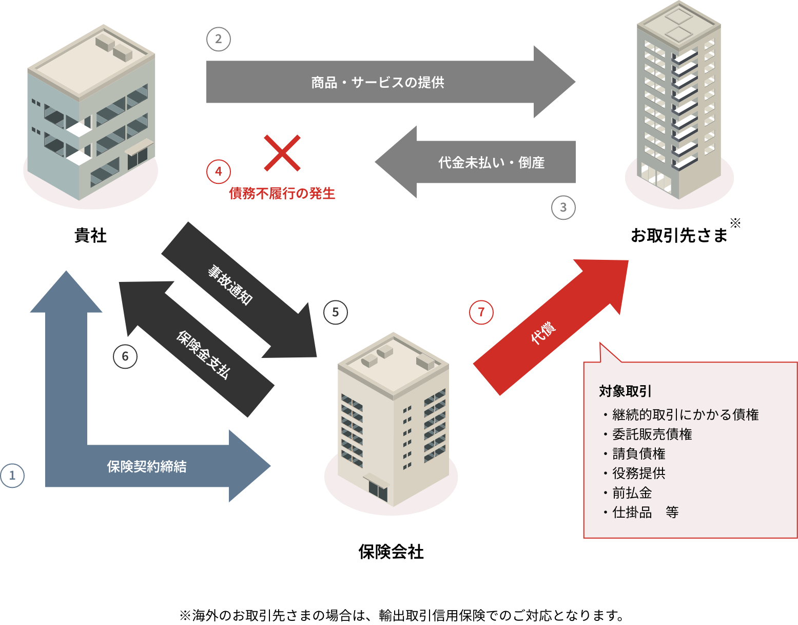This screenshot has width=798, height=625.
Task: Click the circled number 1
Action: point(12,476)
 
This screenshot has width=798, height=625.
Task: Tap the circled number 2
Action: point(219,39)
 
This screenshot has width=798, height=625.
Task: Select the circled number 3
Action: point(563,207)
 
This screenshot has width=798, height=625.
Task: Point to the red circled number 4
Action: point(219,172)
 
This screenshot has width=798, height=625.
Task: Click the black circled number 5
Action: point(336,312)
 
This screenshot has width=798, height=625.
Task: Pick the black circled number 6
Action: point(125,356)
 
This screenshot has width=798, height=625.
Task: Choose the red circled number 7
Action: point(481,312)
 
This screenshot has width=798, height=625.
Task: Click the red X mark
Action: point(282,153)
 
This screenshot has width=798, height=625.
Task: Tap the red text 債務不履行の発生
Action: point(282,194)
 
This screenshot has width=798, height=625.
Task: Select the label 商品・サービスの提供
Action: point(378,82)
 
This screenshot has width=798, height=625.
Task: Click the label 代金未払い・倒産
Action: point(491,163)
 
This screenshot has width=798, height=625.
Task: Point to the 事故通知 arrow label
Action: point(230,285)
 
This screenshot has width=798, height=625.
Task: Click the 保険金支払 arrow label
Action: point(203,354)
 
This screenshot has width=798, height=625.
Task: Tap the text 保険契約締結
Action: point(147,466)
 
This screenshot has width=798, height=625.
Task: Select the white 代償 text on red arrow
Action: point(543,333)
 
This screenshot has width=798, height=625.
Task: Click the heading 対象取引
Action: point(625,391)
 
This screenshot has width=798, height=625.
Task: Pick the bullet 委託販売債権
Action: point(652,434)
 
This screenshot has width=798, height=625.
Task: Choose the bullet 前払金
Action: point(632,493)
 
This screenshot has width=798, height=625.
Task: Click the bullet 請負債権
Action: point(638,454)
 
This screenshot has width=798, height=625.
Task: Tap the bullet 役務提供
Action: point(638,474)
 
